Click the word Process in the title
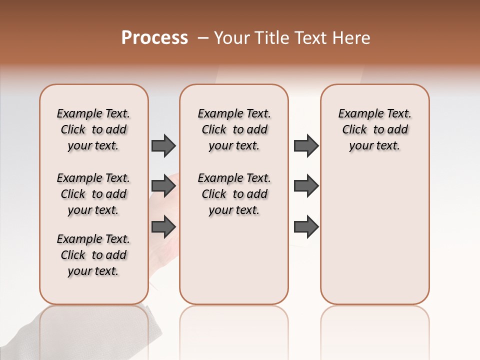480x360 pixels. [154, 38]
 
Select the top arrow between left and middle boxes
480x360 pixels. [163, 145]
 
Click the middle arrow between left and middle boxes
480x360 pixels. [163, 186]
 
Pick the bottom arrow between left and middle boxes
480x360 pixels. [163, 226]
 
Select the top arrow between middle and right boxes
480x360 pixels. [306, 145]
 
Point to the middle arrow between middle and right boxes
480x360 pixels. [306, 186]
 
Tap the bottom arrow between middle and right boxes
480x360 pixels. [306, 226]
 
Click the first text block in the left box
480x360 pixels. [93, 129]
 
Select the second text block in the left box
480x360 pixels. [93, 194]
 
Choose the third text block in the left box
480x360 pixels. [93, 255]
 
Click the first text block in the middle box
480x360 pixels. [234, 129]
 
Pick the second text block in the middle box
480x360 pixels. [234, 194]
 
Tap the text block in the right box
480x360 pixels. [374, 129]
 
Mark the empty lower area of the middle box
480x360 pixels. [234, 260]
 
